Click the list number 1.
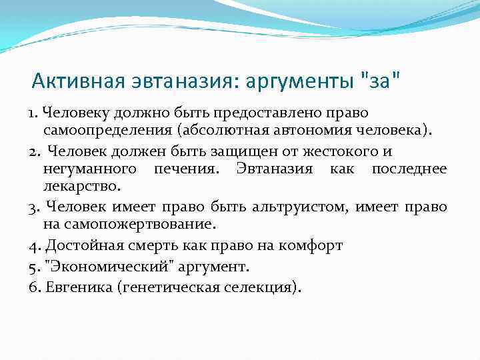33,113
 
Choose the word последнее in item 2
409,169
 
